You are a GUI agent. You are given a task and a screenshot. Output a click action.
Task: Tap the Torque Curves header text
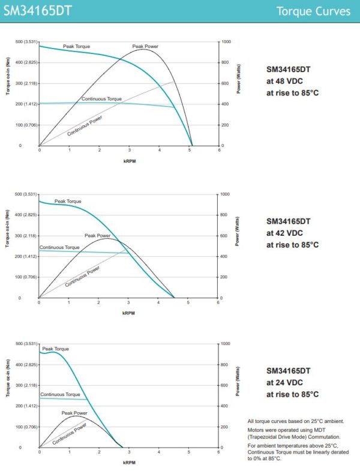[314, 11]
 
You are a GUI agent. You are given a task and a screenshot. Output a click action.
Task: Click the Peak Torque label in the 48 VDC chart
[77, 46]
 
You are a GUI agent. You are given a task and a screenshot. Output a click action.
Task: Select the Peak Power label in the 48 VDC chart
[145, 46]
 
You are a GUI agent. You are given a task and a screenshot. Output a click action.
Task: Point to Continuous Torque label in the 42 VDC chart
[59, 247]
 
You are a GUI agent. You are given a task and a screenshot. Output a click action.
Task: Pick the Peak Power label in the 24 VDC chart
[74, 413]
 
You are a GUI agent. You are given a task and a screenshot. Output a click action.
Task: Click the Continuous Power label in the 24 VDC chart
[70, 433]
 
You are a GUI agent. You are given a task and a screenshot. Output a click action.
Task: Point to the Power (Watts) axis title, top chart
[238, 78]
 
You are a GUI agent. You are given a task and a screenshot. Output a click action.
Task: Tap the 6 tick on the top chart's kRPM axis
[219, 149]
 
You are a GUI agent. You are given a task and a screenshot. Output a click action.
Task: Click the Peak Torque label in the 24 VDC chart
[55, 349]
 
